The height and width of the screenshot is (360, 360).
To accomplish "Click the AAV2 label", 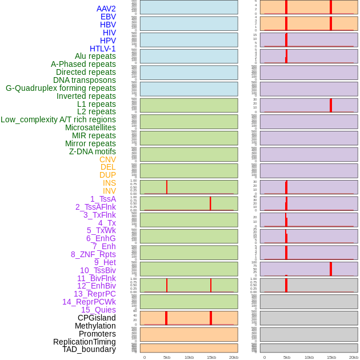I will (x=106, y=9).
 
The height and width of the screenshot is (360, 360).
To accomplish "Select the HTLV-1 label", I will (x=102, y=49).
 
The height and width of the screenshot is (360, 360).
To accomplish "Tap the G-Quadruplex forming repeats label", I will (x=61, y=88).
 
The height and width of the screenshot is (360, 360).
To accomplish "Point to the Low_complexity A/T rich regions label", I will (x=58, y=119).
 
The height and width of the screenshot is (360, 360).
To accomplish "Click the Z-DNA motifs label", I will (x=92, y=151).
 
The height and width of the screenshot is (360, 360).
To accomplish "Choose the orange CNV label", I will (x=107, y=159).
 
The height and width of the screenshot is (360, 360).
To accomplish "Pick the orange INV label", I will (x=109, y=191).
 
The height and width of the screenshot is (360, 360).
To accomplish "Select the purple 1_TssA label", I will (x=103, y=199).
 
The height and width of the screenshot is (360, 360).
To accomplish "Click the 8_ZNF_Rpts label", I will (x=93, y=254).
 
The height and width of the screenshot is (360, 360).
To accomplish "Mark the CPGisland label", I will (x=97, y=318).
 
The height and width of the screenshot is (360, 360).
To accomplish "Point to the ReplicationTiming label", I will (x=84, y=342).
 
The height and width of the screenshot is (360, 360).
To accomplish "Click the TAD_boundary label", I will (x=89, y=349).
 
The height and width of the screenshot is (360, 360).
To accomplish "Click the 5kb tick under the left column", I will (x=167, y=357).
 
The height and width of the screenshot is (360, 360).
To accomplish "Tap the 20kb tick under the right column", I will (x=354, y=357).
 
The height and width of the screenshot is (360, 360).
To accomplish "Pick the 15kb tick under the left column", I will (x=211, y=357).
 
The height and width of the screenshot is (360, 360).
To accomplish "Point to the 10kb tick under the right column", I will (x=309, y=357).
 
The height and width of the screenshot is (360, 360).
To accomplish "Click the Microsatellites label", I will (x=90, y=127).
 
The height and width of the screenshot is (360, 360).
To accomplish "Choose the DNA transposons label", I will (x=85, y=80).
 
